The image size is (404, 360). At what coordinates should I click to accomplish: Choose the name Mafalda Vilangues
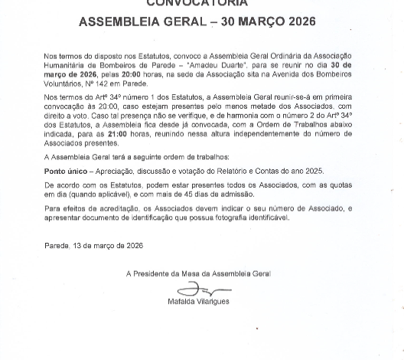[198, 301]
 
